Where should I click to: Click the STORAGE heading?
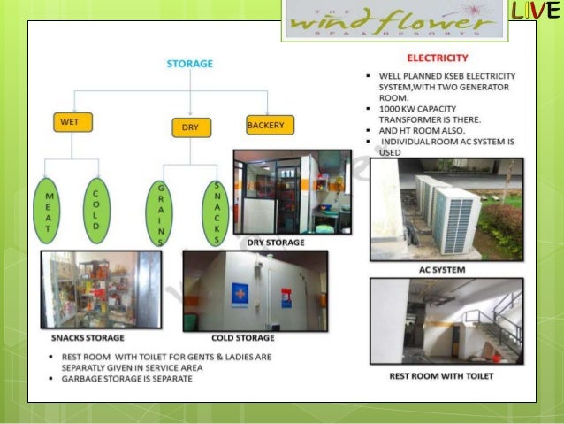click(x=189, y=64)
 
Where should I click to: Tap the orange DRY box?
click(x=190, y=127)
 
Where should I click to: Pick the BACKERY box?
click(x=266, y=126)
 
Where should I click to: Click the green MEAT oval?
click(x=49, y=212)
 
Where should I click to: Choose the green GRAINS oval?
click(x=160, y=213)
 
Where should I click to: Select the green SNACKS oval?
click(x=217, y=213)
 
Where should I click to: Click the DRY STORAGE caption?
click(x=276, y=242)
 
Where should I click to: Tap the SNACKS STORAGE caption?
click(x=87, y=337)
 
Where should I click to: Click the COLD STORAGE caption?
click(x=242, y=337)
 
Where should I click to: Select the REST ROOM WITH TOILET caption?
click(x=441, y=375)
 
